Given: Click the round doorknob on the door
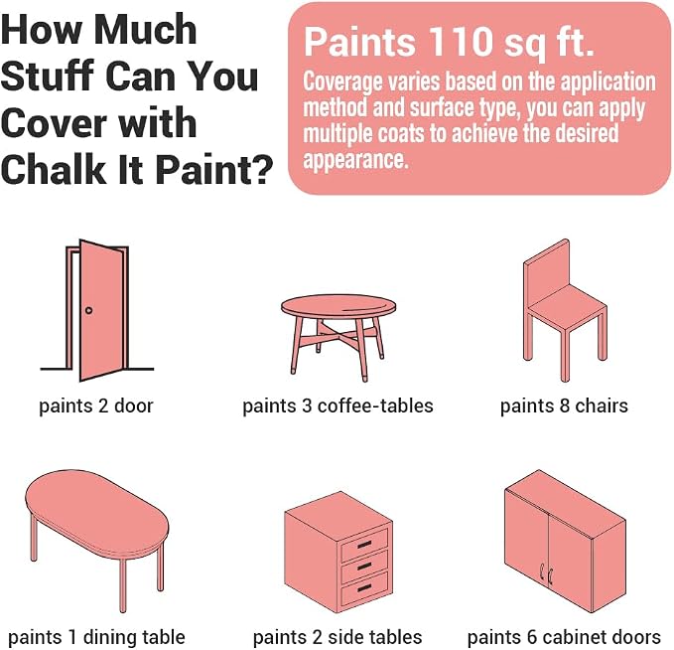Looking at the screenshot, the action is click(88, 310).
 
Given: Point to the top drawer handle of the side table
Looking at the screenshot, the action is click(363, 545).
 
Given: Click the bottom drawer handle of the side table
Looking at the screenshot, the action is click(363, 587).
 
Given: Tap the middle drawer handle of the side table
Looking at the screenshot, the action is click(363, 567).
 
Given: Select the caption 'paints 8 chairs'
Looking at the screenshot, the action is click(564, 406).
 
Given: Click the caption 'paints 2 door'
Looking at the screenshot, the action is click(96, 406).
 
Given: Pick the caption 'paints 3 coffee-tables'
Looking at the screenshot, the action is click(337, 406).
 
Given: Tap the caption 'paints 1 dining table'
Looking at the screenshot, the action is click(96, 637).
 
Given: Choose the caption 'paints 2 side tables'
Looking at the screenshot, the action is click(337, 637).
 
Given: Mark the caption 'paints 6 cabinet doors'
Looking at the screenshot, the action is click(564, 637).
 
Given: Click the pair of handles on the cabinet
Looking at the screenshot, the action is click(546, 572).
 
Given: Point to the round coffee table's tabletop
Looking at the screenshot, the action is click(338, 307).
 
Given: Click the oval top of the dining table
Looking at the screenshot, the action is click(96, 512).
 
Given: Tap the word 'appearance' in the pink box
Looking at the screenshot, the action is click(354, 160).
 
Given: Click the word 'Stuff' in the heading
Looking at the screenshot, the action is click(48, 76).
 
